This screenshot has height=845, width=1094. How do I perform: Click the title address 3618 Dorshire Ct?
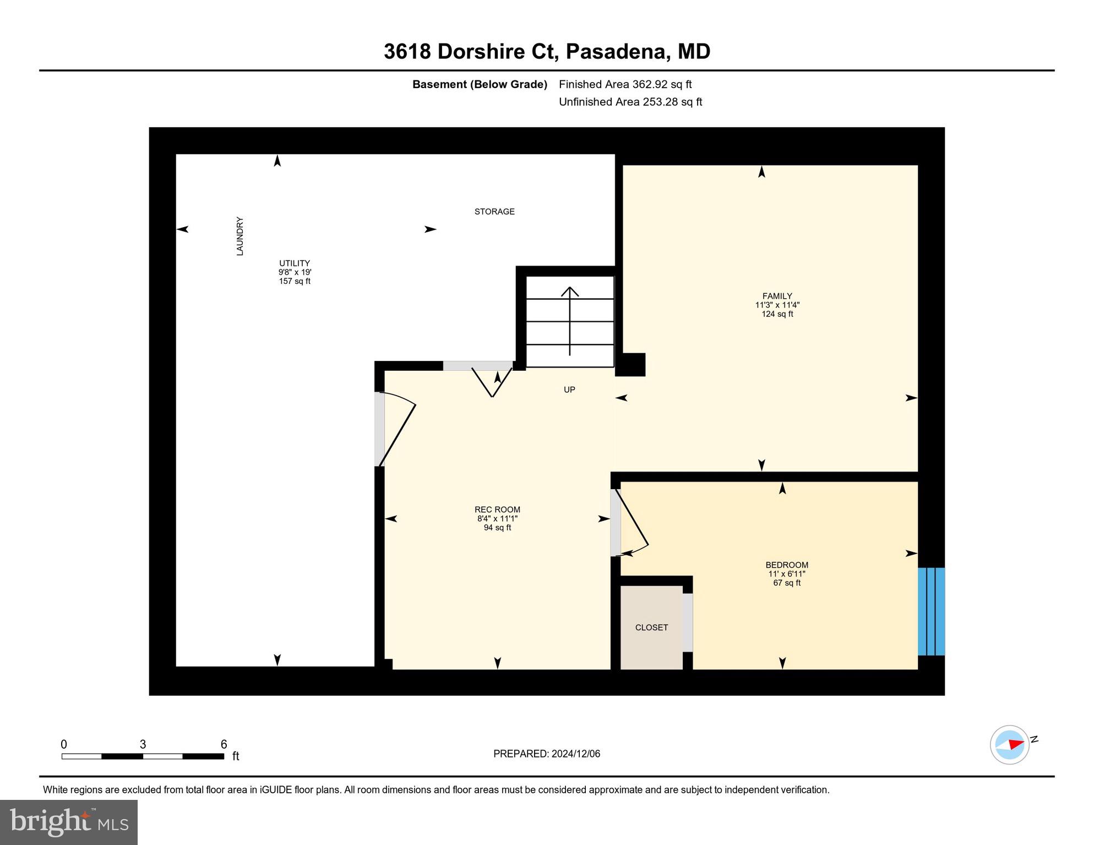(471, 52)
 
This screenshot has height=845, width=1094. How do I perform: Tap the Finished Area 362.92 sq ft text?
(625, 84)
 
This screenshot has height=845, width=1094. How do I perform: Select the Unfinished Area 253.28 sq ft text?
(630, 102)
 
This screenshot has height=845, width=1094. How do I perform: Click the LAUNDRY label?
(240, 236)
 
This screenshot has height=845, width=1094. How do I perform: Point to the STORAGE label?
(494, 211)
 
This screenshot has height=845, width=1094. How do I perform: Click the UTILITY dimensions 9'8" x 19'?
(295, 272)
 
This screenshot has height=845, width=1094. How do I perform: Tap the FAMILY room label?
(777, 296)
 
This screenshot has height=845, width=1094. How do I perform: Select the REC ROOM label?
(497, 509)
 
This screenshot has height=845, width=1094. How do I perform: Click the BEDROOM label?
(787, 565)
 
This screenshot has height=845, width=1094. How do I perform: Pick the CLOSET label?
(651, 627)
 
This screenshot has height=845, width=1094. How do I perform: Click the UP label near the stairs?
(569, 389)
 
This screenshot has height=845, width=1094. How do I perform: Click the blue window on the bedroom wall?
(931, 611)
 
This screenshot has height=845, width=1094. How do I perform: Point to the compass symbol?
(1010, 744)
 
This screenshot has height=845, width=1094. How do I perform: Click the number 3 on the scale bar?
(143, 744)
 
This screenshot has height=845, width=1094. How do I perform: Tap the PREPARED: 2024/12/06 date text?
(547, 754)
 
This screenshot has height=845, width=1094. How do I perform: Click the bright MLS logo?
(69, 822)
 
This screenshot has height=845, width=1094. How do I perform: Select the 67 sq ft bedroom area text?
(787, 583)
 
